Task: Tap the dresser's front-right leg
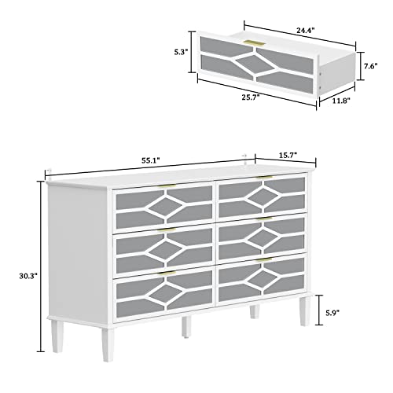pos(301,312)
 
